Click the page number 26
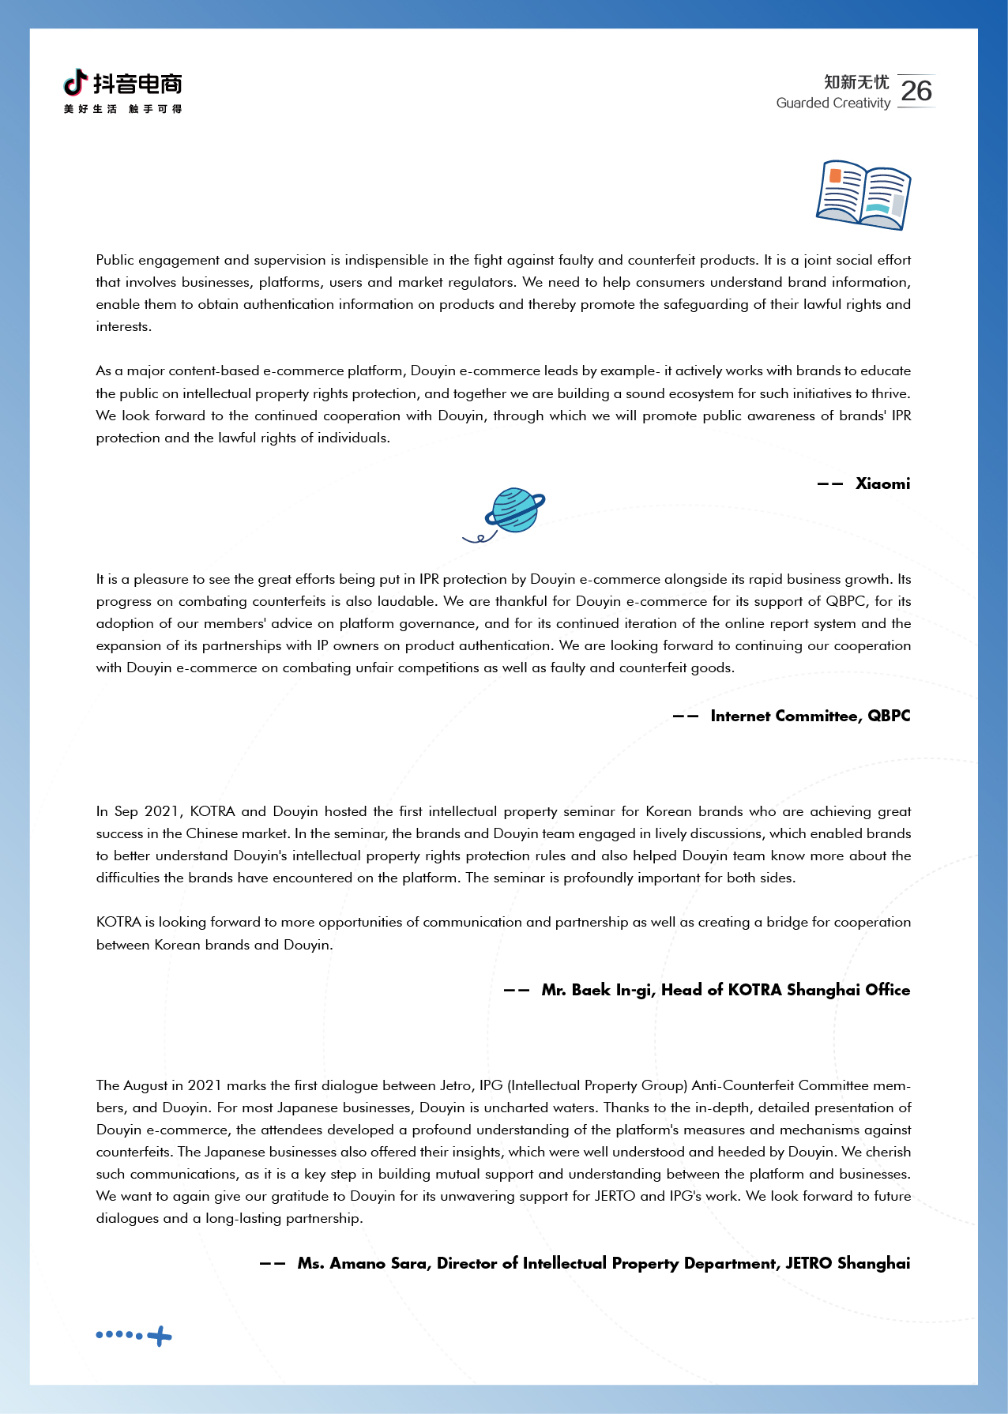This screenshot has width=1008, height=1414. click(x=916, y=91)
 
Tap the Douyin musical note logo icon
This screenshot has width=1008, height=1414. click(x=75, y=81)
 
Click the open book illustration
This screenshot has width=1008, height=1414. click(x=863, y=195)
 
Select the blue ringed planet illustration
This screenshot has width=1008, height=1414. click(x=513, y=510)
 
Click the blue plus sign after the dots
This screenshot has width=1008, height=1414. click(x=160, y=1336)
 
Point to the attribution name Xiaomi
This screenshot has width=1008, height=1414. click(x=882, y=483)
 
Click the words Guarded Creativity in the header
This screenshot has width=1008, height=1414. click(x=833, y=103)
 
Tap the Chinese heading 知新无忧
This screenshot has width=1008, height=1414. click(x=856, y=82)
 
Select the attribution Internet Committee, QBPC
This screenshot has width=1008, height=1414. click(x=810, y=716)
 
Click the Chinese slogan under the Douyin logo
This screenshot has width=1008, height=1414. click(x=122, y=109)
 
